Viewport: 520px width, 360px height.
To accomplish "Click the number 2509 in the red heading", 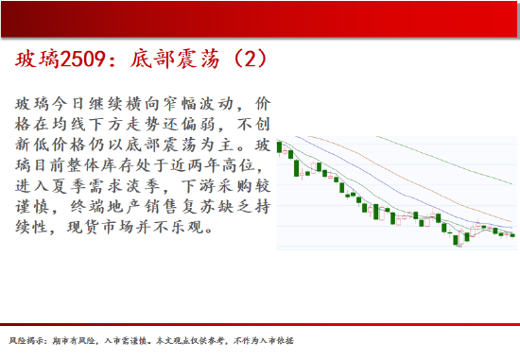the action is (x=82, y=60).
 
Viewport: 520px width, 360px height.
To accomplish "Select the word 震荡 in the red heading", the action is (x=197, y=60).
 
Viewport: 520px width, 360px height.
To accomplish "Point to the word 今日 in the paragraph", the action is (x=69, y=104).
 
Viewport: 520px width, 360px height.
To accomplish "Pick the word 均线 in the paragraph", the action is (x=69, y=125).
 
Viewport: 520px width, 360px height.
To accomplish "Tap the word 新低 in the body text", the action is (x=32, y=145).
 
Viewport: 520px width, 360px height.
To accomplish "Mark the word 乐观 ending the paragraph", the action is (x=188, y=227).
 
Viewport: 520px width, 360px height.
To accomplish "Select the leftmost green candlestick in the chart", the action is (x=279, y=147).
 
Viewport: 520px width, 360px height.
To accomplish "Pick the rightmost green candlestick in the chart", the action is (x=512, y=235).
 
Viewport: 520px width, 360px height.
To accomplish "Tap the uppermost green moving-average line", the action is (x=444, y=160).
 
